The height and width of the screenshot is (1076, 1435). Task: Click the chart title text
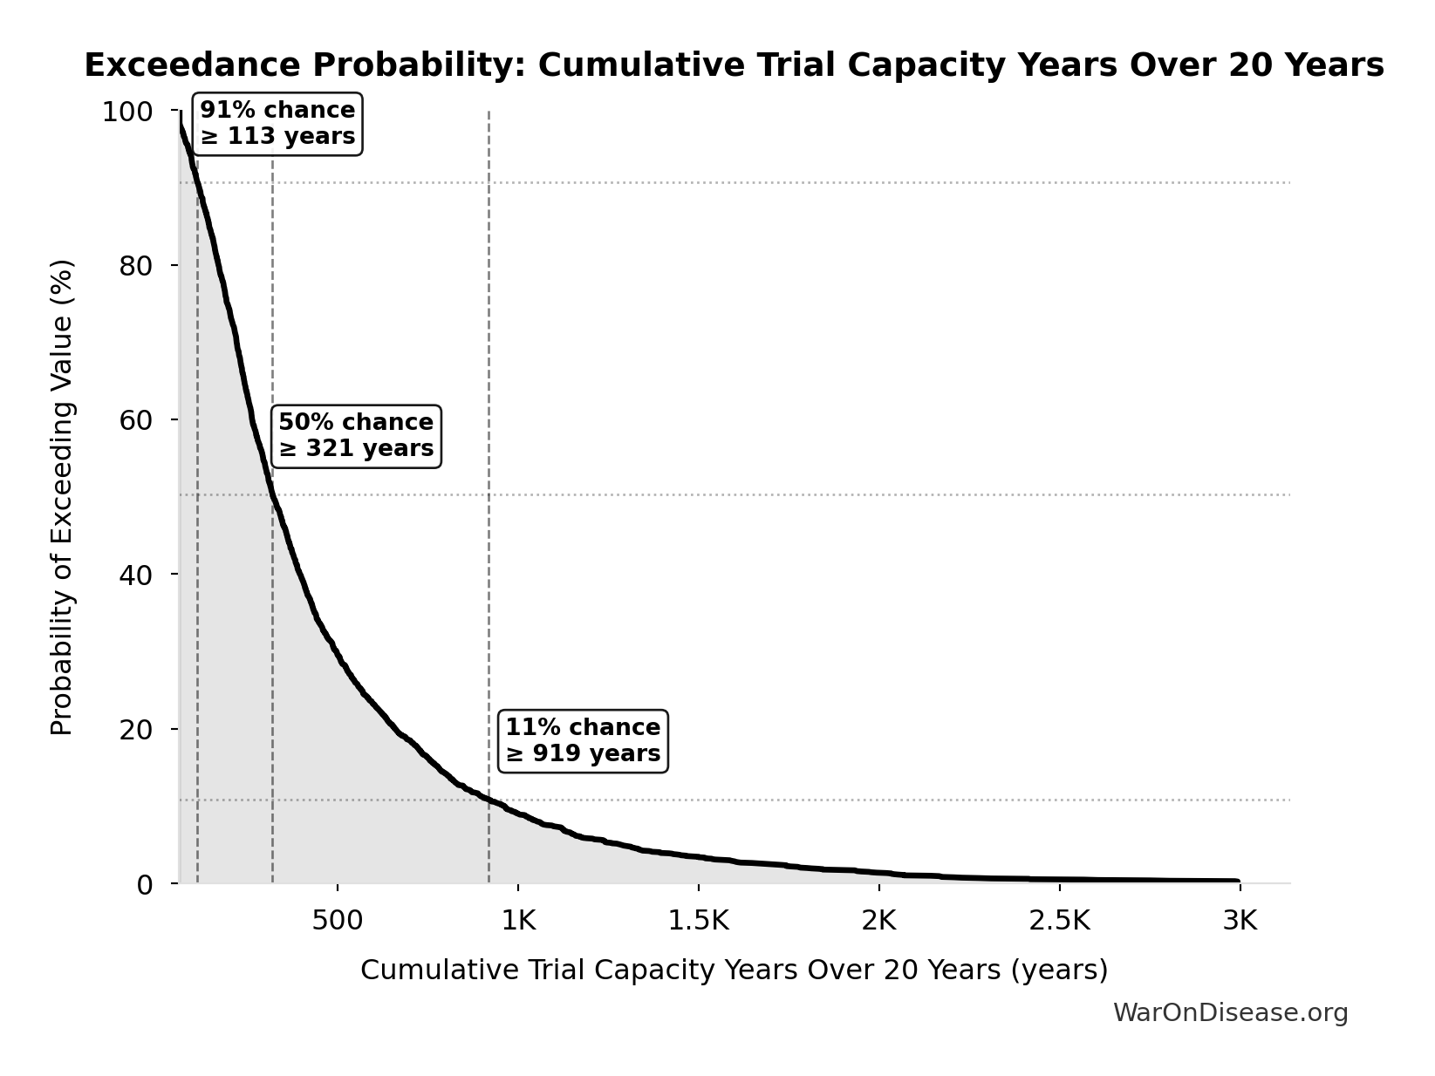point(734,66)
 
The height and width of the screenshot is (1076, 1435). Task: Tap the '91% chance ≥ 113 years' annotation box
point(277,124)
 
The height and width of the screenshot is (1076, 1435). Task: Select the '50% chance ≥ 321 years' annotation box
point(356,435)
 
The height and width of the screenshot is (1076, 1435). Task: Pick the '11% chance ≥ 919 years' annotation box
point(583,740)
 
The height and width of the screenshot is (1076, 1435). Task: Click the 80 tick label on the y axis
point(136,266)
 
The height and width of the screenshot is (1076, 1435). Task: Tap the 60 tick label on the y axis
point(136,420)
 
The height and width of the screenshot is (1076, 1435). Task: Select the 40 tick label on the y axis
point(136,575)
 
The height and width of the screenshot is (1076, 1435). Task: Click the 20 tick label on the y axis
point(136,729)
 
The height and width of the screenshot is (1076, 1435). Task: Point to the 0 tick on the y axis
point(145,884)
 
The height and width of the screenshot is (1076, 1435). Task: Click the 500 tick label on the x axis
point(338,921)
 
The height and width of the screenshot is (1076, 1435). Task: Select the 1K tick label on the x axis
point(518,921)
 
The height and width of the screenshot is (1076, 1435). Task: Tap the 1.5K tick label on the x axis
point(698,921)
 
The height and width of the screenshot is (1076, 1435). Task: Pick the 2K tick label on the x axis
point(879,921)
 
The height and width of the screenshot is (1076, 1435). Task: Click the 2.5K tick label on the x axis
point(1059,921)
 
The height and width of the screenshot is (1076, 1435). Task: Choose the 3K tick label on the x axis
point(1240,921)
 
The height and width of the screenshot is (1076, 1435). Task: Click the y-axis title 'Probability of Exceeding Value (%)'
point(62,497)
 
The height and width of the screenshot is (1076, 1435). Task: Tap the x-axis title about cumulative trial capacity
point(734,970)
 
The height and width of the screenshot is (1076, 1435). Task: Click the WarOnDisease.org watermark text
point(1230,1012)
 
